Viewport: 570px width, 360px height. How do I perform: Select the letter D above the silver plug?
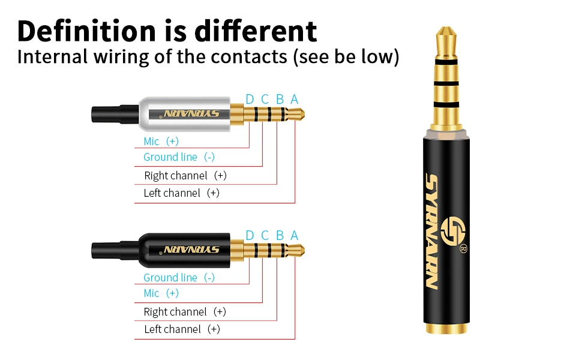(250, 99)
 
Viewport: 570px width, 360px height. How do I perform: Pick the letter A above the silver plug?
(294, 99)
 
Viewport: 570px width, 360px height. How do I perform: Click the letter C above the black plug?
(265, 235)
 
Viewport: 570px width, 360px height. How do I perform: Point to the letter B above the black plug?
(280, 235)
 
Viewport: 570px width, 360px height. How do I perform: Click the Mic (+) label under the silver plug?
(161, 142)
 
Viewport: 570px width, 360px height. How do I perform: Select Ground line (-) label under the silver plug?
(179, 157)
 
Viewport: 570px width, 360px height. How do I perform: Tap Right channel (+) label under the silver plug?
(185, 176)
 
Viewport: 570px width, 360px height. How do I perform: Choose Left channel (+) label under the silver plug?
(181, 193)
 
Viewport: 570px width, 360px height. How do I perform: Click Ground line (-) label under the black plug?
(179, 278)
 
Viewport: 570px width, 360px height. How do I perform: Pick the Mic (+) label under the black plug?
(161, 293)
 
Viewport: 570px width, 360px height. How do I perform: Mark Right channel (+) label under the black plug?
(185, 312)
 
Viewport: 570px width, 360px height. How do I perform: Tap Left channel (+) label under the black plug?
(182, 329)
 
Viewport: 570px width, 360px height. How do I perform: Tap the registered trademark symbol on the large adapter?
(463, 249)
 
